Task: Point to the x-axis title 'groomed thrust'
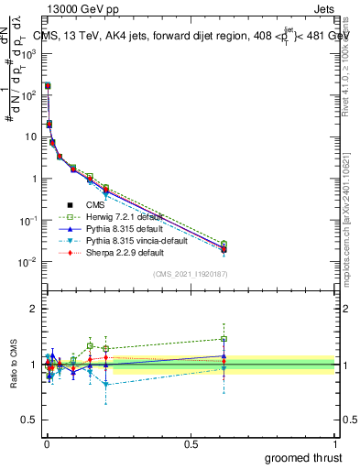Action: [x=302, y=456]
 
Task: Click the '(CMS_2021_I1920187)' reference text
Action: [x=191, y=274]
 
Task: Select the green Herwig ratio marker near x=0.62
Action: [x=224, y=339]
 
